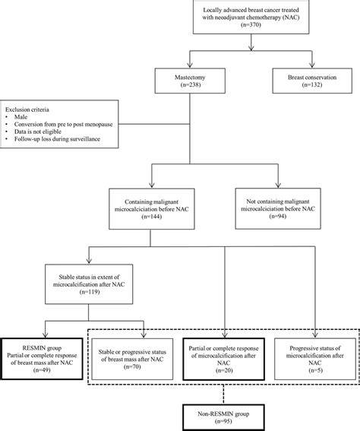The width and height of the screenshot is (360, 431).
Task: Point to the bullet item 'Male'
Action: [21, 119]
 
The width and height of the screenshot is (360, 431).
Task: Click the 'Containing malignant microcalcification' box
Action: [153, 207]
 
